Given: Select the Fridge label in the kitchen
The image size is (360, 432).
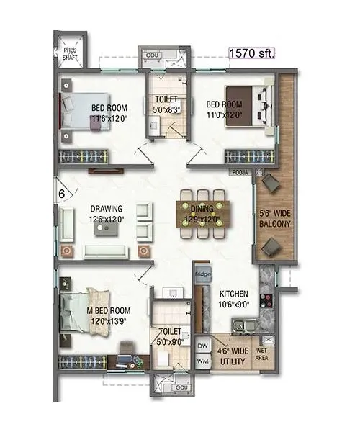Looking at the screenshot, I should pos(201,274).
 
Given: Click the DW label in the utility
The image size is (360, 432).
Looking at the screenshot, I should pos(202,346).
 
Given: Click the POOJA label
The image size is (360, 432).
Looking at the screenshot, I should pos(239,173).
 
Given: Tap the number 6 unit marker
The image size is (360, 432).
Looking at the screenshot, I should pos(62,193).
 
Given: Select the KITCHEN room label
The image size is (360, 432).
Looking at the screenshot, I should pos(234,294).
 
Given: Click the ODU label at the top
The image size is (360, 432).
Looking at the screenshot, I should pos(152,55).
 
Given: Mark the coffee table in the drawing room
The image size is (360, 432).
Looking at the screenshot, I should pos(107,228).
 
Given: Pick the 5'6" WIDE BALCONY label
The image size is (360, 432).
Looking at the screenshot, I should pos(274,218).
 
